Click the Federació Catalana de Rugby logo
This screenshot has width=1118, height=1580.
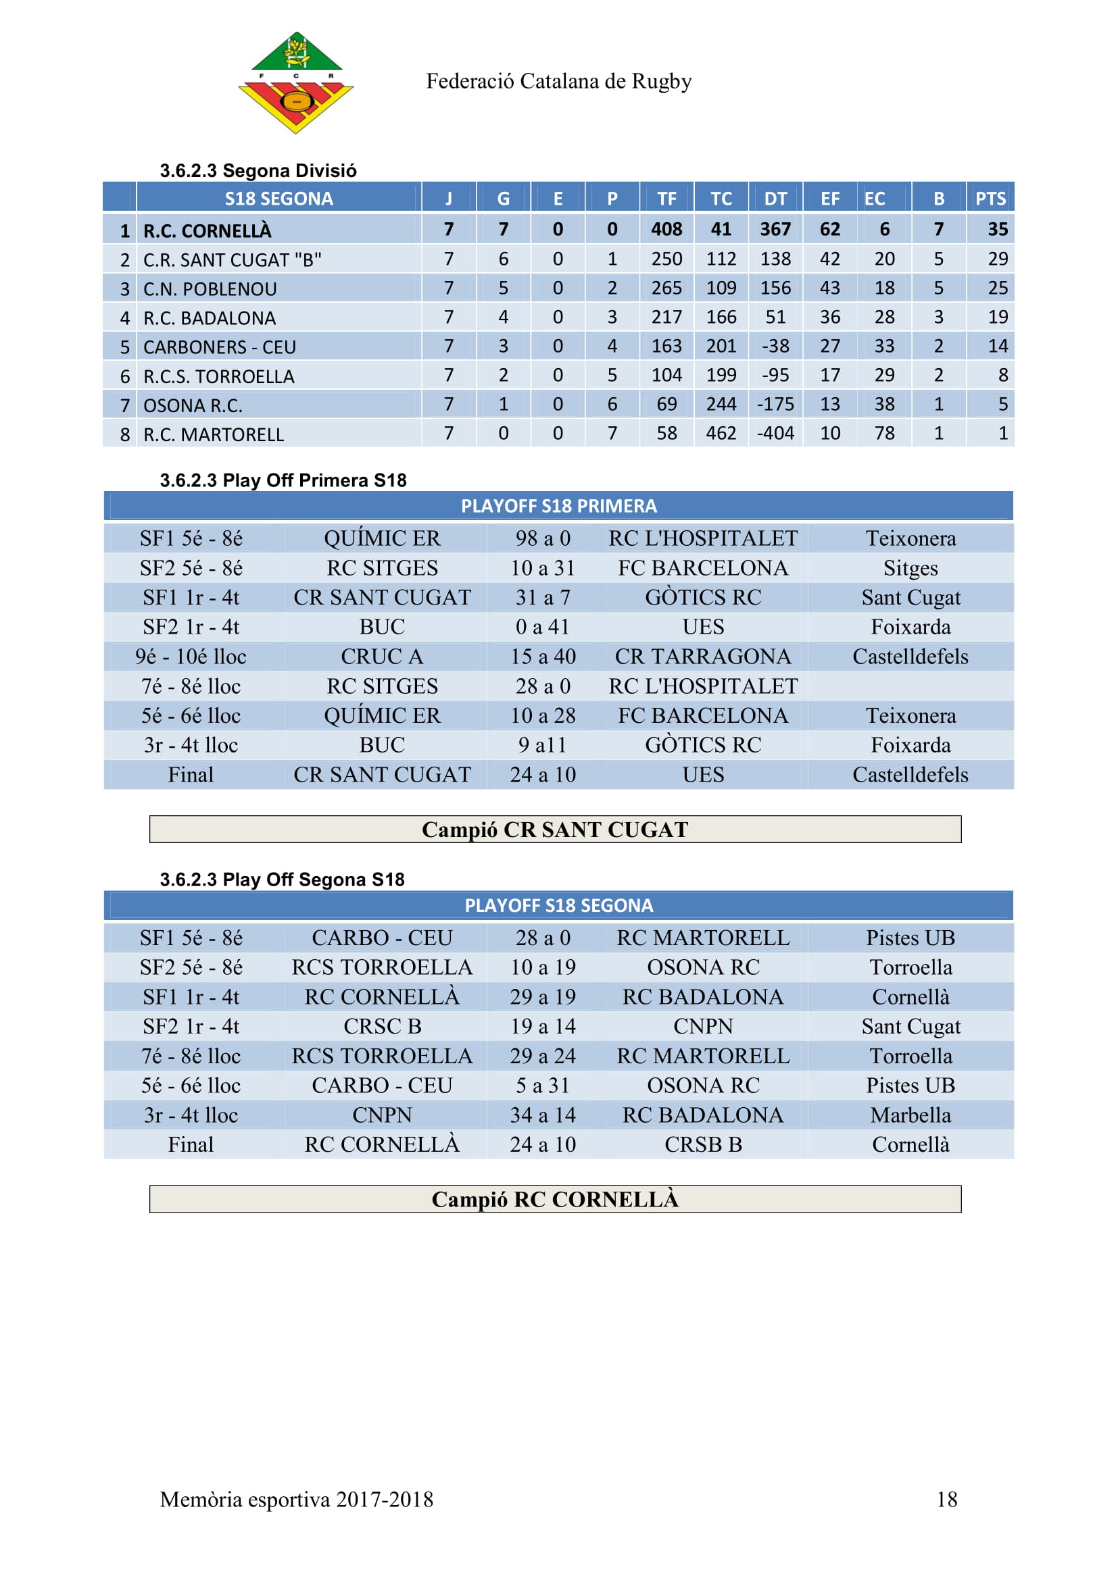[x=295, y=82]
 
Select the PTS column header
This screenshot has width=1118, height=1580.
[x=990, y=199]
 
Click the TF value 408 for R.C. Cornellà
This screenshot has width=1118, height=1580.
[x=666, y=229]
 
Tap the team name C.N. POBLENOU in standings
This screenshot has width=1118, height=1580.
[x=210, y=289]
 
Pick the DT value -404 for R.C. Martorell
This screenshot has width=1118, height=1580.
[x=775, y=434]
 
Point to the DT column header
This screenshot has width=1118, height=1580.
[x=775, y=199]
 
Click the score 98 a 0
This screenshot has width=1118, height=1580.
[x=543, y=538]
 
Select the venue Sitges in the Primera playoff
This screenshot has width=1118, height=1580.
[x=910, y=567]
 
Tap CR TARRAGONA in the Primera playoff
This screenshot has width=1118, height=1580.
[x=703, y=657]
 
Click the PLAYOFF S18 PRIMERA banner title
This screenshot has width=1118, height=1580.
[x=558, y=507]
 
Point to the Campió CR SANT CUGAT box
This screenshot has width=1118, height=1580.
[x=555, y=830]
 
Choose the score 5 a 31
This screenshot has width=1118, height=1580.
[x=543, y=1086]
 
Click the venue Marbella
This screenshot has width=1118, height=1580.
[x=910, y=1115]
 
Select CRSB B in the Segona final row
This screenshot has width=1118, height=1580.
[x=703, y=1144]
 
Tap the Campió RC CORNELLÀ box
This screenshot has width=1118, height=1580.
[x=555, y=1200]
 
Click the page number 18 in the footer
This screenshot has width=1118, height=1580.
[x=946, y=1500]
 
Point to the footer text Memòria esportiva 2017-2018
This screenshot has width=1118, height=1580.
[x=297, y=1500]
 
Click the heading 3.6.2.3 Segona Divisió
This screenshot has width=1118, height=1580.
[x=258, y=171]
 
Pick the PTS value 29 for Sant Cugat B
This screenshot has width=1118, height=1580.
[x=998, y=259]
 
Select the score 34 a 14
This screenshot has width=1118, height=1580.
[x=543, y=1115]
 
